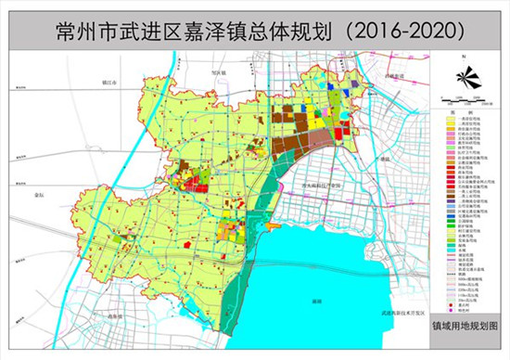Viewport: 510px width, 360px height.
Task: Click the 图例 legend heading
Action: point(468,112)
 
